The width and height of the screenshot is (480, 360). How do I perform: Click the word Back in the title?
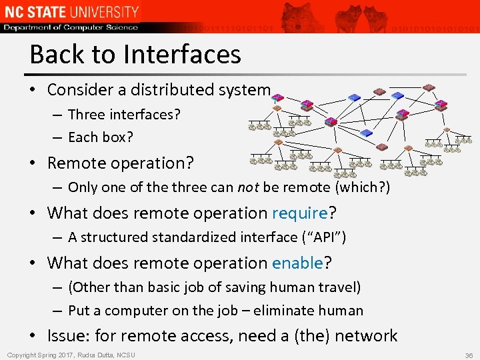coord(55,54)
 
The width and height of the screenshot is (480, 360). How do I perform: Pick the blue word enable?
coord(297,263)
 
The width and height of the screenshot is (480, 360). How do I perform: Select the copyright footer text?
coord(71,355)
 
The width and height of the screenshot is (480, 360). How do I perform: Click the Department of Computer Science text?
coord(70,27)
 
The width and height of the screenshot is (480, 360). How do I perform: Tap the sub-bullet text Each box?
coord(101,138)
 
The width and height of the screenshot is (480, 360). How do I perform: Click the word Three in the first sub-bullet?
coord(86,115)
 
